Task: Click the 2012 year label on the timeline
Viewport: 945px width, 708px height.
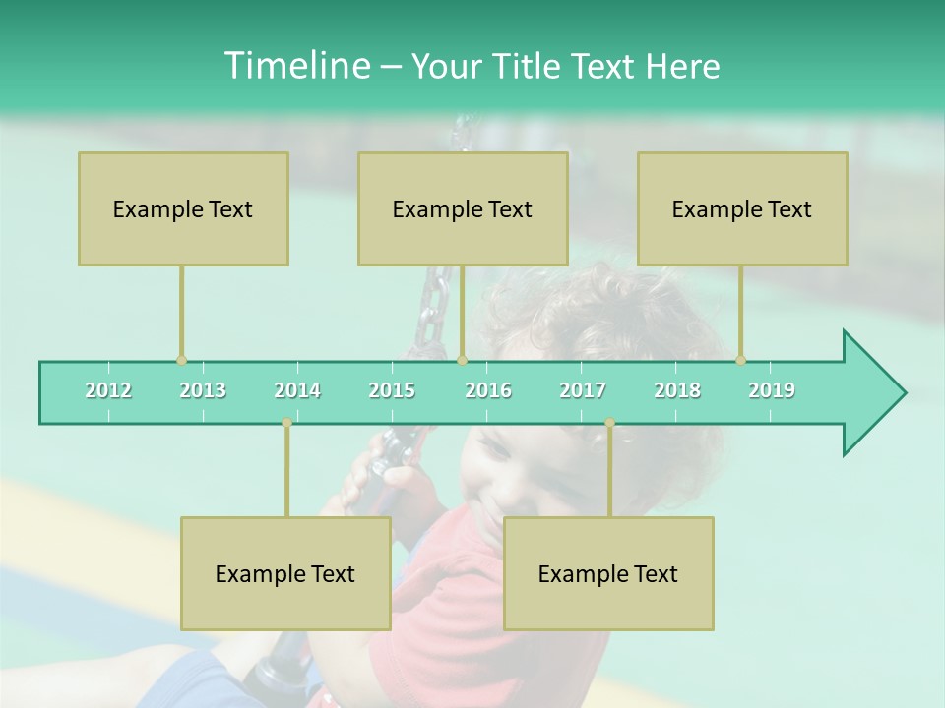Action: pyautogui.click(x=108, y=390)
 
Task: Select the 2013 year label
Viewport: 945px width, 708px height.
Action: pyautogui.click(x=203, y=390)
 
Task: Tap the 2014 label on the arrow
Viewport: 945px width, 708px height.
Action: pyautogui.click(x=297, y=390)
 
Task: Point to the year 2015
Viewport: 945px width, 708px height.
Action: pyautogui.click(x=392, y=390)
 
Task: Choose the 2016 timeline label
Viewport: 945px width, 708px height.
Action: pyautogui.click(x=488, y=390)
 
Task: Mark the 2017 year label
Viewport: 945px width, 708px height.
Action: pyautogui.click(x=583, y=390)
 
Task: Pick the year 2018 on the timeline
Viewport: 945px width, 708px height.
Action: pyautogui.click(x=677, y=390)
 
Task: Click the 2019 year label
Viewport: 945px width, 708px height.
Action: pyautogui.click(x=772, y=390)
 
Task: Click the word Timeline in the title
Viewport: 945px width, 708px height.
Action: pyautogui.click(x=294, y=66)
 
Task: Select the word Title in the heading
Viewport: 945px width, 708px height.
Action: pyautogui.click(x=530, y=66)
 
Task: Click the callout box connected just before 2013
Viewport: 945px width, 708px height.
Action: pyautogui.click(x=183, y=208)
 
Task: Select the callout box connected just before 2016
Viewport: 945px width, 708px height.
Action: pyautogui.click(x=463, y=208)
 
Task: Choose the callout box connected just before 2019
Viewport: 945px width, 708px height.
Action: pyautogui.click(x=742, y=208)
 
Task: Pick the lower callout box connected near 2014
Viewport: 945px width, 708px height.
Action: pyautogui.click(x=285, y=573)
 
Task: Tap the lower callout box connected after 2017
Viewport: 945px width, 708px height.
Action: pyautogui.click(x=608, y=573)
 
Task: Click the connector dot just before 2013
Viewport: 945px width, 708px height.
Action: pyautogui.click(x=181, y=361)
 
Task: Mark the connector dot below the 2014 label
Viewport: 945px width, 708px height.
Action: pyautogui.click(x=286, y=423)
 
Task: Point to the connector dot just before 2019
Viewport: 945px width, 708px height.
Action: pyautogui.click(x=740, y=361)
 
